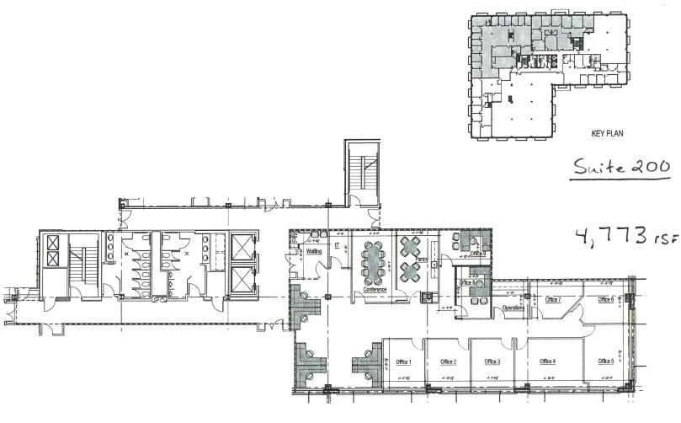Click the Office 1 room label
[402, 361]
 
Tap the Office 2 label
[448, 361]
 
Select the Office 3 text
[492, 361]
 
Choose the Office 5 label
[605, 361]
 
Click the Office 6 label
[605, 299]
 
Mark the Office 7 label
[553, 299]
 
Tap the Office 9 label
[478, 254]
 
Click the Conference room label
[374, 290]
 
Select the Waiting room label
[314, 250]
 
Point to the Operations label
[513, 308]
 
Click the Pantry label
[421, 260]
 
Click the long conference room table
[373, 262]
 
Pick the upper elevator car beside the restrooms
[242, 248]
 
